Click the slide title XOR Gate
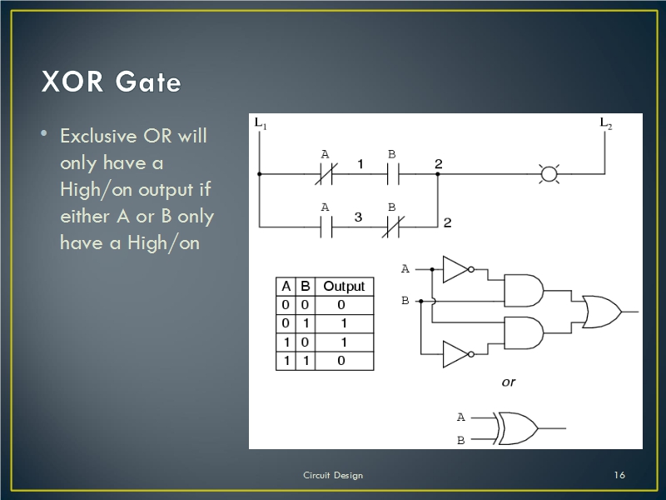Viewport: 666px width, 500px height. [x=112, y=82]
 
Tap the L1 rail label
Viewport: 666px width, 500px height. [x=261, y=124]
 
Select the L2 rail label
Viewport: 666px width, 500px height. [x=607, y=123]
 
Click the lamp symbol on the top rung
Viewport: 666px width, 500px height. [x=549, y=174]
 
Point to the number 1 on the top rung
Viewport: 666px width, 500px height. [x=361, y=164]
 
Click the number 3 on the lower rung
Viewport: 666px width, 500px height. [x=358, y=217]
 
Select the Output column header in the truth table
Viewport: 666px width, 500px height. [x=344, y=286]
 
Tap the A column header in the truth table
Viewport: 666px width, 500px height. [x=286, y=286]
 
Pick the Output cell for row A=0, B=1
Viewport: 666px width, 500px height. [x=344, y=323]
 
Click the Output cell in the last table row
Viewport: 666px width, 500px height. [x=342, y=361]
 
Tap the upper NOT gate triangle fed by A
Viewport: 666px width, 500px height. [x=455, y=269]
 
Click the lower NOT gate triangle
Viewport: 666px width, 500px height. [x=455, y=354]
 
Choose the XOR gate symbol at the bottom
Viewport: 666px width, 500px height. [x=516, y=428]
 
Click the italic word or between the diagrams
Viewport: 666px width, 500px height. [x=508, y=382]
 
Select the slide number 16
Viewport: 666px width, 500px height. [x=619, y=475]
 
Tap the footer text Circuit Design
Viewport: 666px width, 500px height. [x=332, y=475]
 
